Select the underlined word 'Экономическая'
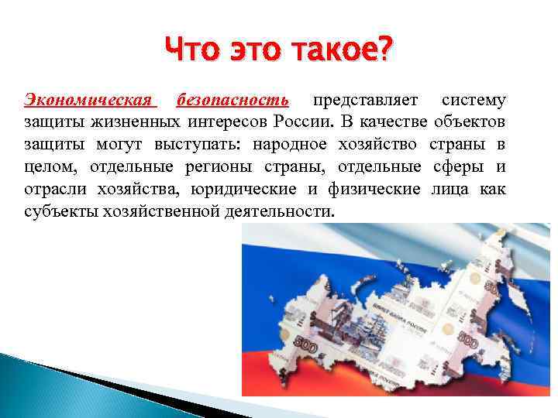tap(89, 101)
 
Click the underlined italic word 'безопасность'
tap(232, 101)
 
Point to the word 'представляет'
tap(364, 101)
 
